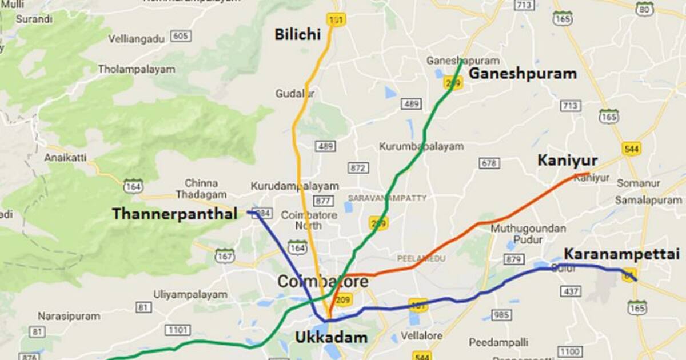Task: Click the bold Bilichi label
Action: point(297,34)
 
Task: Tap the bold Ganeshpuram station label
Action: point(523,74)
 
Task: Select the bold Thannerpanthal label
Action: point(174,214)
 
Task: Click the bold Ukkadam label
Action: point(331,337)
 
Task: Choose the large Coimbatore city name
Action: point(323,282)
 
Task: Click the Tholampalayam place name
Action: point(136,69)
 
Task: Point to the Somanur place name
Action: point(638,183)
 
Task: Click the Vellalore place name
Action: point(422,335)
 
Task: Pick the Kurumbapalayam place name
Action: point(421,146)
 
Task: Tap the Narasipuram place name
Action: point(69,316)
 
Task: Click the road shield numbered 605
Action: point(180,37)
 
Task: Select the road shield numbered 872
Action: point(358,168)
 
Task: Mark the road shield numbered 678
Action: point(489,163)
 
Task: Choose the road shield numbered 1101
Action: point(177,330)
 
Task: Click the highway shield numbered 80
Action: point(644,9)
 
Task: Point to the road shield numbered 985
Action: point(501,315)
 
